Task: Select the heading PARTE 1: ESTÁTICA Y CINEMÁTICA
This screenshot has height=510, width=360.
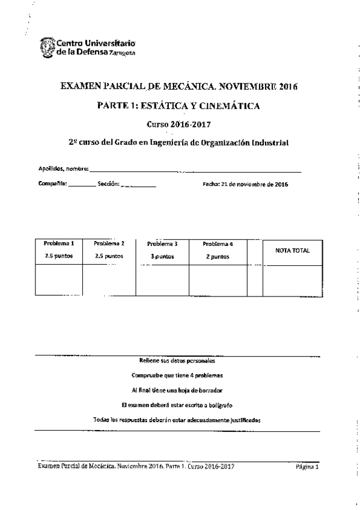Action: [x=178, y=106]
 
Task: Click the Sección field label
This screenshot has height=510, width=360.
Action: [x=108, y=184]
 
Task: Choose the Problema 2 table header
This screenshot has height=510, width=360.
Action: [x=109, y=244]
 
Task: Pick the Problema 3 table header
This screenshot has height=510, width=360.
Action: [x=162, y=244]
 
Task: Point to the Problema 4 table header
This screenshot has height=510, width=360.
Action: [x=217, y=244]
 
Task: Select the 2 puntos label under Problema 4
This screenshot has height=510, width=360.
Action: [x=217, y=256]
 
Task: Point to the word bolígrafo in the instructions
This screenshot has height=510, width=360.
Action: [x=215, y=405]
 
